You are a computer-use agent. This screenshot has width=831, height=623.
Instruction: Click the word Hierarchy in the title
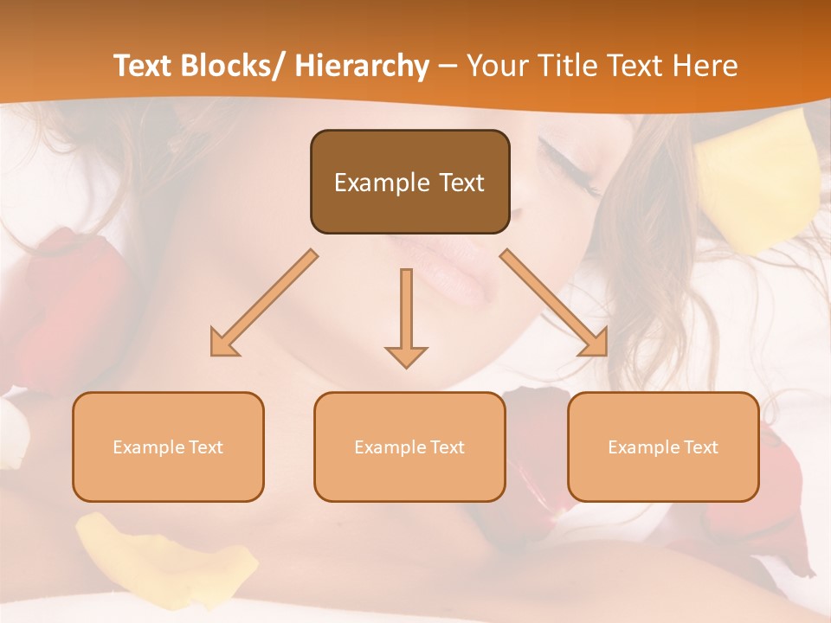[362, 66]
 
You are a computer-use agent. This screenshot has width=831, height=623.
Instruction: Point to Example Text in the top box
[409, 183]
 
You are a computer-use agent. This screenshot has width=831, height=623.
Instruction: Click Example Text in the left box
[168, 447]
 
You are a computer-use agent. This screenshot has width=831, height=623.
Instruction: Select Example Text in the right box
[663, 447]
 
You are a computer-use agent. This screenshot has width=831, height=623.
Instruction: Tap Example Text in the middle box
[409, 447]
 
